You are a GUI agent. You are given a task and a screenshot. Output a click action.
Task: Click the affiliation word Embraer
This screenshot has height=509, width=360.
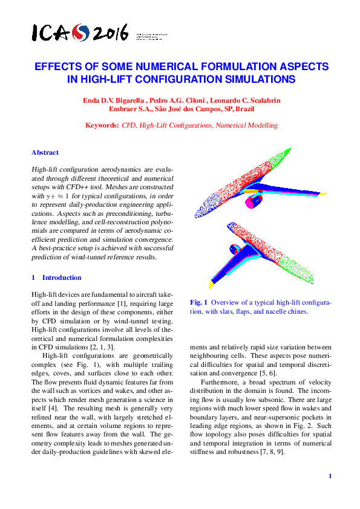(x=125, y=109)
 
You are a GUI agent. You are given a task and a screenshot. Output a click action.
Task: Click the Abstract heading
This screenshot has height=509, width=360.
(x=45, y=153)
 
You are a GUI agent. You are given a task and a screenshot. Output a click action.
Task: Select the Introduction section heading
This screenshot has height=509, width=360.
(x=61, y=277)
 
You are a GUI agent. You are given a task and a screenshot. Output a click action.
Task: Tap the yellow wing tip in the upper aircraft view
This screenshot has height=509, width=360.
(x=322, y=194)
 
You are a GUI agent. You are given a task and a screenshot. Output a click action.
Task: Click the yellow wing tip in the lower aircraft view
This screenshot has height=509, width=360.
(x=212, y=284)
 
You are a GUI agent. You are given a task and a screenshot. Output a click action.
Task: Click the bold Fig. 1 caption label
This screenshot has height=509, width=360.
(x=199, y=302)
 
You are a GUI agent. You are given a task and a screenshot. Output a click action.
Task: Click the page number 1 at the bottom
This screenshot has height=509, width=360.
(x=330, y=476)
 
